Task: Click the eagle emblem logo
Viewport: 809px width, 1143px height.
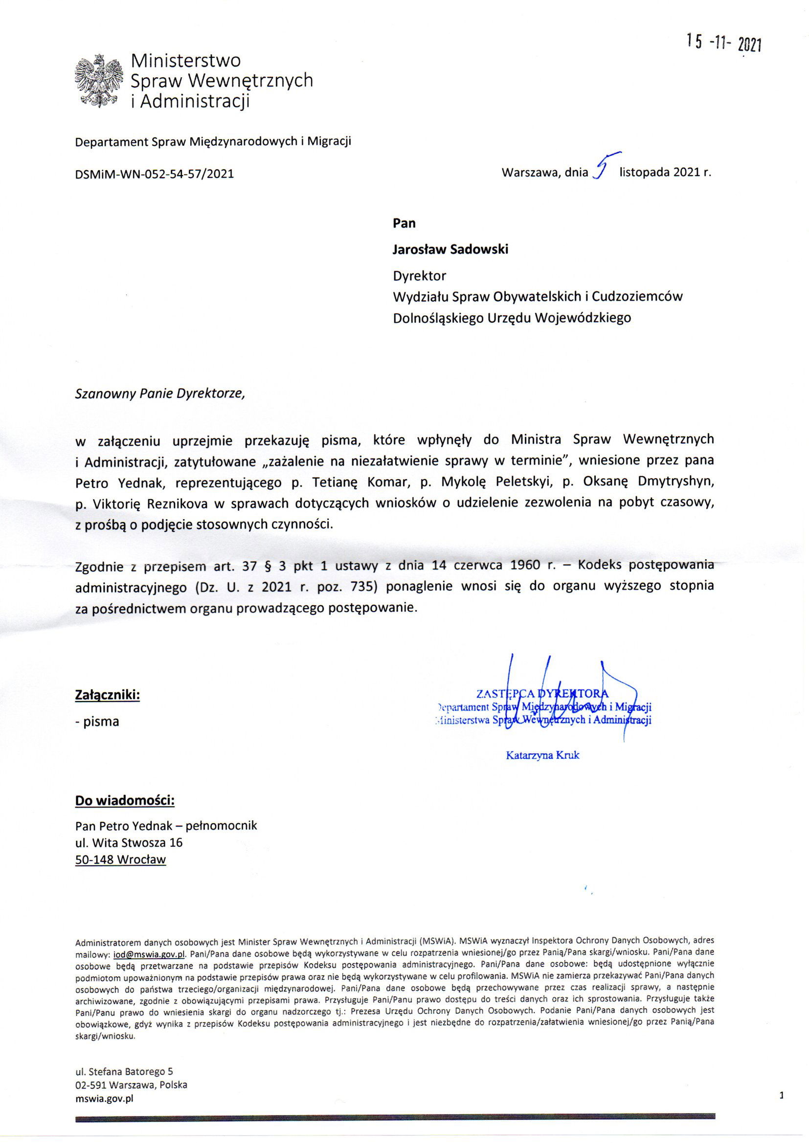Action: pos(99,81)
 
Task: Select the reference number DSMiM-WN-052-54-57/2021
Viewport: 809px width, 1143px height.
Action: pos(155,174)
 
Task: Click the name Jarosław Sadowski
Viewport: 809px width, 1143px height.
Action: pos(450,249)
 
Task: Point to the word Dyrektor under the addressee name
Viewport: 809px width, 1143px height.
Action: pos(420,275)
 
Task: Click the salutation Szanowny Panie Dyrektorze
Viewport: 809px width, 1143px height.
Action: pos(160,394)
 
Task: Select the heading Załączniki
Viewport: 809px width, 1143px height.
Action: pos(107,695)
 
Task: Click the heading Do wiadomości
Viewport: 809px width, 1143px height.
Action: pos(125,800)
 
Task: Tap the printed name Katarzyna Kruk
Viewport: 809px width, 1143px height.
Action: pos(542,755)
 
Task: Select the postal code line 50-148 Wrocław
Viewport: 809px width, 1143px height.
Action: pos(120,860)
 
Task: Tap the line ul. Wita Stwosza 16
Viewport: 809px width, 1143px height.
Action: pos(129,842)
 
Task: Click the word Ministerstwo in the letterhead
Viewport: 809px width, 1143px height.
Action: pos(185,60)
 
